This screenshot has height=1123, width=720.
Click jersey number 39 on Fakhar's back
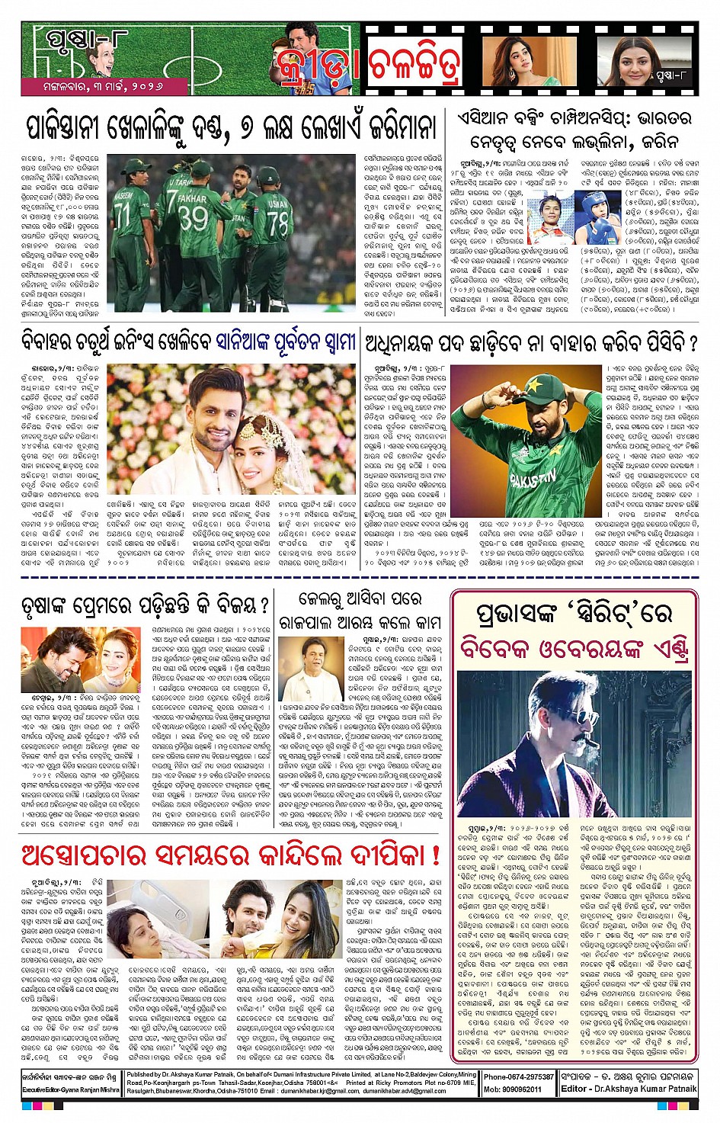tap(193, 219)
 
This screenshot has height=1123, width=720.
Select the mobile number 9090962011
tap(523, 1089)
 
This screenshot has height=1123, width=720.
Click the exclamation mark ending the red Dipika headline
tap(436, 855)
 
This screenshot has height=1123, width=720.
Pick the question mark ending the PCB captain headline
tap(693, 342)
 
